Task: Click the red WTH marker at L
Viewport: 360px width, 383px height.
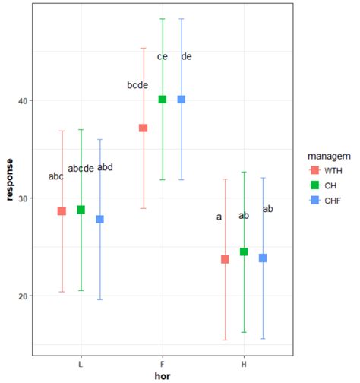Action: [62, 211]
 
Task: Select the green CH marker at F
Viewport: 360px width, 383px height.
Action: [163, 100]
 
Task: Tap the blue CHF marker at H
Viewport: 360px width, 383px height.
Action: [264, 258]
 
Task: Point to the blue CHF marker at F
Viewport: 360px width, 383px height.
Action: [181, 100]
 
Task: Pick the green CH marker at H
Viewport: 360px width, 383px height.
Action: [244, 252]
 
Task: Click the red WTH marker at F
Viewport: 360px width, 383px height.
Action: [143, 128]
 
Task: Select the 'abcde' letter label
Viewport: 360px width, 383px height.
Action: [81, 169]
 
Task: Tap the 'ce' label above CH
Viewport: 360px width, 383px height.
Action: [163, 56]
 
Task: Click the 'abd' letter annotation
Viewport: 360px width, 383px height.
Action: [105, 167]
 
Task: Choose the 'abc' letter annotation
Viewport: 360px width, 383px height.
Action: [56, 176]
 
